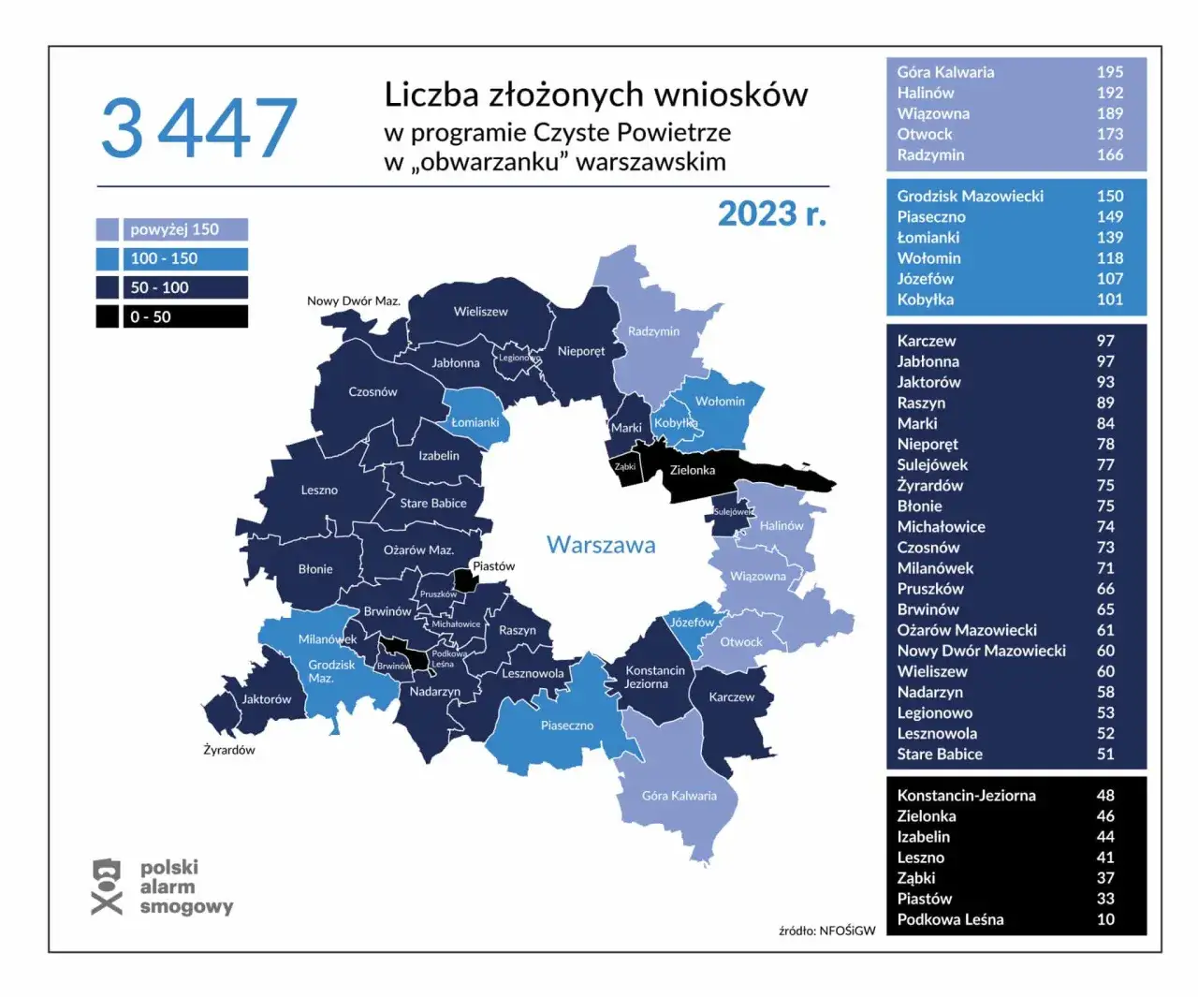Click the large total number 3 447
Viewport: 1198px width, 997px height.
point(199,128)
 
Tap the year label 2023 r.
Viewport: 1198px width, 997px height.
point(771,214)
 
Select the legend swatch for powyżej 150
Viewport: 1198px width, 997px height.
point(108,229)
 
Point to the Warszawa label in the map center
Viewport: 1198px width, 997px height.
point(601,545)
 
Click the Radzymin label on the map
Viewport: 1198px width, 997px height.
point(653,331)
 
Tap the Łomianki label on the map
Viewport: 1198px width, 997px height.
point(475,422)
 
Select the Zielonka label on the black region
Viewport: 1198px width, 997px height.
point(692,470)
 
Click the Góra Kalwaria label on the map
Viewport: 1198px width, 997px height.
point(679,796)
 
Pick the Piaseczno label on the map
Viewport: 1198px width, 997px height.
point(566,726)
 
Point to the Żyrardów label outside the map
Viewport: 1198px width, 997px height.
point(229,750)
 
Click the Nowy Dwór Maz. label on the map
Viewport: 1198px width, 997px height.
point(353,301)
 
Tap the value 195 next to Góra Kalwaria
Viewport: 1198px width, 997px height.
point(1109,72)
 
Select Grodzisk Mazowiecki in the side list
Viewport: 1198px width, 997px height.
point(970,196)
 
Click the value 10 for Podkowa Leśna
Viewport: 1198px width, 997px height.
point(1105,919)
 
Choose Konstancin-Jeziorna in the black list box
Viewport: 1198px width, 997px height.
point(966,796)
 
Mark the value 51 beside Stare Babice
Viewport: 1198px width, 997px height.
point(1105,754)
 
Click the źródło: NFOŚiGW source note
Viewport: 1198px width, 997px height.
point(826,931)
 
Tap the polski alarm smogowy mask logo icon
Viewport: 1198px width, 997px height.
point(107,887)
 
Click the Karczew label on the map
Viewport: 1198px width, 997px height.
point(731,696)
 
